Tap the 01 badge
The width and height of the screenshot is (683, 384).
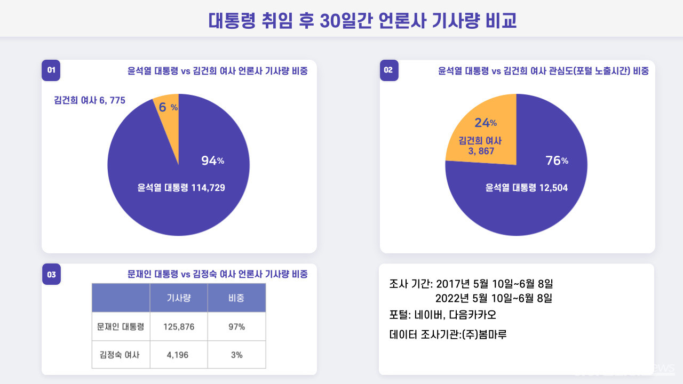[x=51, y=70]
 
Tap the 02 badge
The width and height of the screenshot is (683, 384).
[x=389, y=70]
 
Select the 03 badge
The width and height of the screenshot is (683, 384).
[x=51, y=275]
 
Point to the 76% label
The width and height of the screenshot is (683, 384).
[x=557, y=161]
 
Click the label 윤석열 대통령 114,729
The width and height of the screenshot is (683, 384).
[x=181, y=188]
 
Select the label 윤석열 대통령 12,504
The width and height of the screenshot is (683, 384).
[x=526, y=188]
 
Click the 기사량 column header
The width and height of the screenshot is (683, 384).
[x=178, y=298]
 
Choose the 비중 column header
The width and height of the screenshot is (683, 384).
[x=236, y=298]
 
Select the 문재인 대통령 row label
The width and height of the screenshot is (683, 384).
[x=121, y=327]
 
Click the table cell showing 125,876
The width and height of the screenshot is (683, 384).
[x=178, y=327]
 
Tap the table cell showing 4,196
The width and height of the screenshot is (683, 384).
[x=178, y=355]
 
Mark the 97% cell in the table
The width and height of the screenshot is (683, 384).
[x=236, y=327]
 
